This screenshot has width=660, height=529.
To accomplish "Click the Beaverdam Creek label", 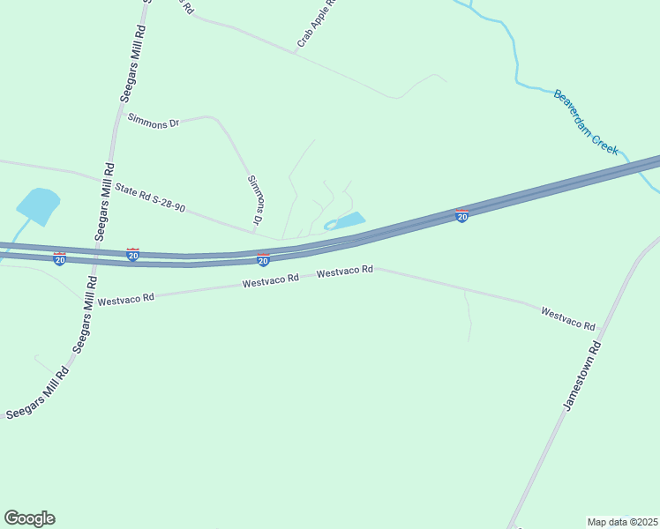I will pos(587,122).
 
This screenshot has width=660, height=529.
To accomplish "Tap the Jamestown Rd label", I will pos(582,375).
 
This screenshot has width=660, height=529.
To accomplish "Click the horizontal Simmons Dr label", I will pos(153,123).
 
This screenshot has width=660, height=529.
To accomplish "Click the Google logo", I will pos(29,518).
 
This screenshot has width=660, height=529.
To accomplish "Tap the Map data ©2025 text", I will pos(622,522).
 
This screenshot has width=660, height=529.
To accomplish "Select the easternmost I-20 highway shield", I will pos(461,216).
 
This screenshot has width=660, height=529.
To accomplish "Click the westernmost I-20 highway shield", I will pos(59,259).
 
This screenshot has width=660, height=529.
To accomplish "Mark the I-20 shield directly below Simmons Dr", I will pos(263,260).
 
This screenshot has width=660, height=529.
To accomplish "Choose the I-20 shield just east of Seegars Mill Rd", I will pos(132,255).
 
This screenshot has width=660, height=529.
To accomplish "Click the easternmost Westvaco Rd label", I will pos(568,318).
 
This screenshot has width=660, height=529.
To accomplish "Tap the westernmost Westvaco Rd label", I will pos(126,300).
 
